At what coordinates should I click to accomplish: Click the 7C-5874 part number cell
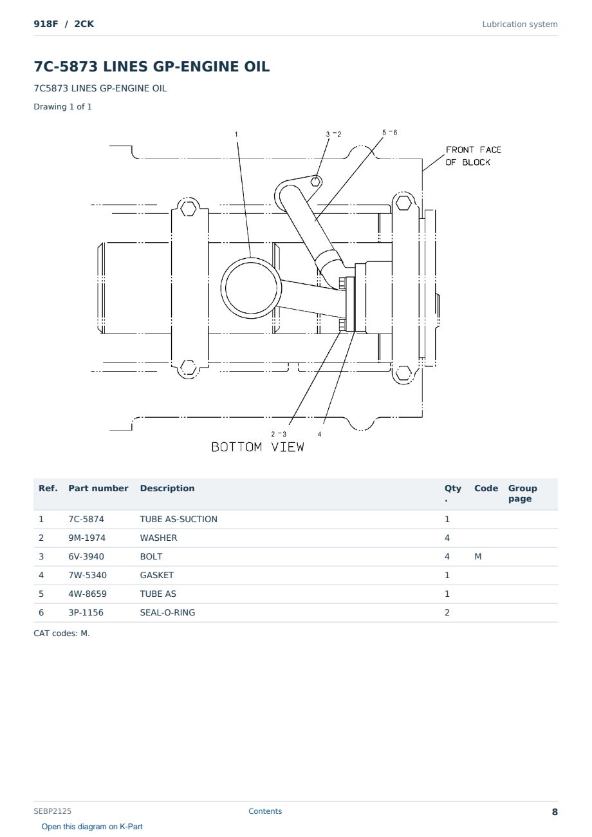pyautogui.click(x=86, y=519)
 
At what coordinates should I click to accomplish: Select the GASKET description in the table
pyautogui.click(x=156, y=575)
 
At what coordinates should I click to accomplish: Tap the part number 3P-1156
pyautogui.click(x=86, y=612)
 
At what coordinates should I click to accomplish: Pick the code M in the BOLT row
pyautogui.click(x=477, y=556)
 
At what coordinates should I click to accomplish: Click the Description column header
pyautogui.click(x=167, y=488)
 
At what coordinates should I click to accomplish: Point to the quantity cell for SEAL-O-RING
pyautogui.click(x=447, y=612)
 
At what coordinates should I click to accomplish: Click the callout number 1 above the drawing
pyautogui.click(x=236, y=134)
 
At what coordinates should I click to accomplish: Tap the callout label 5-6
pyautogui.click(x=389, y=133)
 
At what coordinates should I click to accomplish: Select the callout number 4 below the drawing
pyautogui.click(x=319, y=434)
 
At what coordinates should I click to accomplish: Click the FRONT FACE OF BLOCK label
pyautogui.click(x=473, y=156)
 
